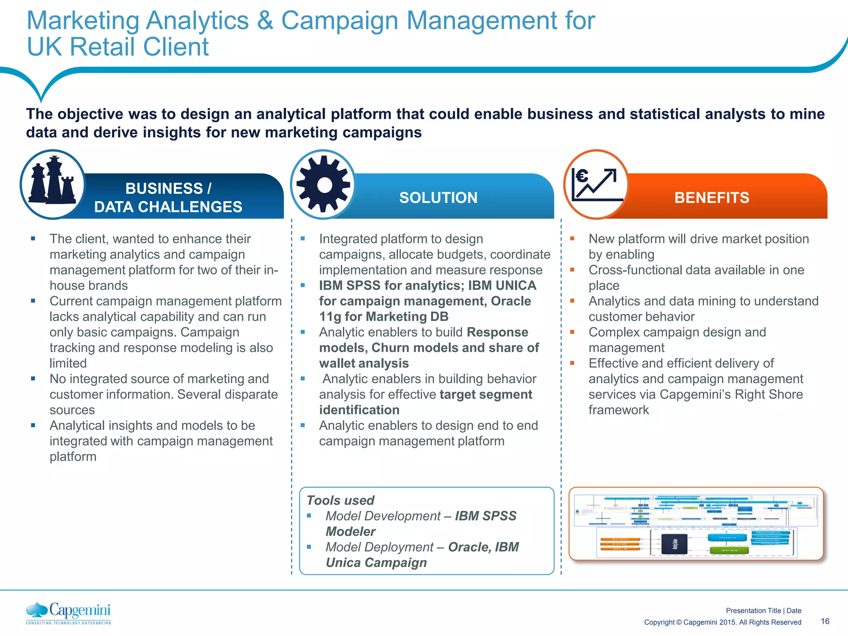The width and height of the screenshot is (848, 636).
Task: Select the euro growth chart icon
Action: pos(596,185)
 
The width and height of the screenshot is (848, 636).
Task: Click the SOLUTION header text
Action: pos(438,198)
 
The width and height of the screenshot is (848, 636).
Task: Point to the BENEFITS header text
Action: pos(711,198)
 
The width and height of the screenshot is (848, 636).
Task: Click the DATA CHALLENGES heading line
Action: pos(168,207)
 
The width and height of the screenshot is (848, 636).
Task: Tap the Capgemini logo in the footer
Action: pos(69,613)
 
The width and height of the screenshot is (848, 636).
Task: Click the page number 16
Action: pos(825,621)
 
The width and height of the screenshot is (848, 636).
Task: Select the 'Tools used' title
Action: pos(340,500)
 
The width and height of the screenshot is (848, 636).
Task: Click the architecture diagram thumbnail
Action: pos(696,524)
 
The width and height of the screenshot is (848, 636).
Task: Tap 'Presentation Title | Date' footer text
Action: pos(763,610)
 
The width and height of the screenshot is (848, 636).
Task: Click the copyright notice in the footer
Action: pos(722,622)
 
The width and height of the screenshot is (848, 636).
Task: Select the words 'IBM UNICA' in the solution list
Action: pos(502,285)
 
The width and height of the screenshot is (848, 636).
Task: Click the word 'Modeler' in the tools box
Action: pos(350,531)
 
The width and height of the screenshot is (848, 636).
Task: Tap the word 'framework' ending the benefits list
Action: pos(619,410)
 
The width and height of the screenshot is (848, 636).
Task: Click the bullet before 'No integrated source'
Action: pos(33,378)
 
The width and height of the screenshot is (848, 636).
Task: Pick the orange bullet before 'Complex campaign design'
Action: pos(572,332)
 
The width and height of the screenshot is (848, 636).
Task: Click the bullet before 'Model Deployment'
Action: pos(309,547)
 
